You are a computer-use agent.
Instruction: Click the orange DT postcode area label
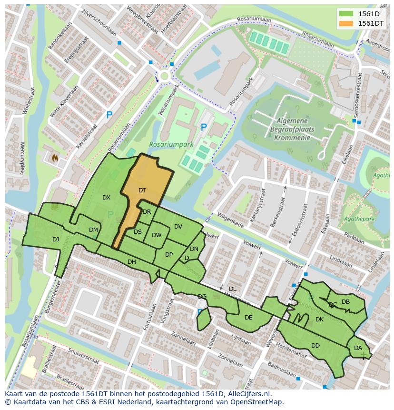(x=142, y=190)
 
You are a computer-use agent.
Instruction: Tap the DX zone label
(x=106, y=197)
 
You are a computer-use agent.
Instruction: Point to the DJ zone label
(x=56, y=239)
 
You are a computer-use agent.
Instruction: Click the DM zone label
(x=93, y=230)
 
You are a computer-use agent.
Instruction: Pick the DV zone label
(x=178, y=227)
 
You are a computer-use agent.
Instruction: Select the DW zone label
(x=157, y=235)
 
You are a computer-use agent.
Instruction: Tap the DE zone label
(x=248, y=317)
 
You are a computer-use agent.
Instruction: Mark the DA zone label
(x=358, y=348)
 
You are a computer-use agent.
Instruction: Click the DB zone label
(x=345, y=301)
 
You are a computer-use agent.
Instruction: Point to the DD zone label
(x=315, y=345)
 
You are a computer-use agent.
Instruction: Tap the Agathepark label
(x=361, y=219)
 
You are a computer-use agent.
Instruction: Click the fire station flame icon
(x=54, y=157)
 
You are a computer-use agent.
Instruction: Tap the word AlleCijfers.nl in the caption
(x=248, y=394)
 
